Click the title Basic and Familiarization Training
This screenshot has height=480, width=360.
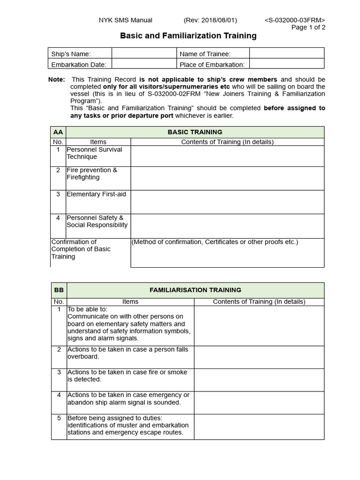[188, 36]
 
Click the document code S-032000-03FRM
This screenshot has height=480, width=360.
[294, 20]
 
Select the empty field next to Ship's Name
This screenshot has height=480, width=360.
[143, 53]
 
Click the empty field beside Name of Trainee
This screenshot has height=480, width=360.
[286, 53]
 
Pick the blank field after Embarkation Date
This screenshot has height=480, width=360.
[143, 64]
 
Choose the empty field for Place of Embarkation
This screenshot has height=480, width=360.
[286, 64]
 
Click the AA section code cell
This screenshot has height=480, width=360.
[58, 132]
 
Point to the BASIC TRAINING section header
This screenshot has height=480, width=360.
[195, 132]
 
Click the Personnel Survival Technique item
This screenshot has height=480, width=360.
[94, 153]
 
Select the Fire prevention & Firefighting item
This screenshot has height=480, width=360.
[92, 174]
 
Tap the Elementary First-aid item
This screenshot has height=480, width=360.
[96, 194]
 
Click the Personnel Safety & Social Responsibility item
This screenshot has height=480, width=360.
[97, 221]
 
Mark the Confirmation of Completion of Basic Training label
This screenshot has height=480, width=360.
[81, 249]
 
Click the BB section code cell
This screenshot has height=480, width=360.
[58, 290]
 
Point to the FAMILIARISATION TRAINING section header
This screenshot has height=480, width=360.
[195, 290]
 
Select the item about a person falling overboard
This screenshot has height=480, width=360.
[127, 353]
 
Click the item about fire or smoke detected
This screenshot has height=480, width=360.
[127, 375]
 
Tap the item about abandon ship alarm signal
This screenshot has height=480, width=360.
[128, 398]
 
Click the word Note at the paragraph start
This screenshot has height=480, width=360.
[56, 80]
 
